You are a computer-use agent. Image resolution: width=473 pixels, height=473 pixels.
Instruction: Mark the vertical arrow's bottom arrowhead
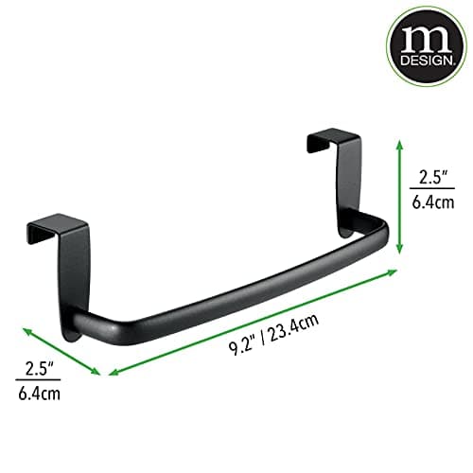[x=400, y=250]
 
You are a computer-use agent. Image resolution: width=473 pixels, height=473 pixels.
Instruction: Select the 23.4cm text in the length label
[x=289, y=321]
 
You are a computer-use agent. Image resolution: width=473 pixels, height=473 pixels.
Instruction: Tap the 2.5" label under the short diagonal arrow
[x=35, y=365]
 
